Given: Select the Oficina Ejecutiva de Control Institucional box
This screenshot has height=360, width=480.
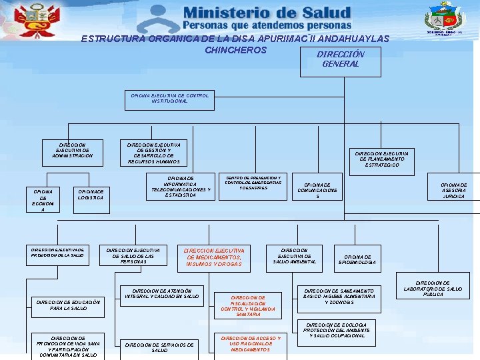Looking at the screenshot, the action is (170, 99).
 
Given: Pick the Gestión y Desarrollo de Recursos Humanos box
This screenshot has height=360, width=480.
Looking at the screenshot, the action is (153, 153).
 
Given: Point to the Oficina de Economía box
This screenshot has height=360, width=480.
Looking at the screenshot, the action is (43, 199).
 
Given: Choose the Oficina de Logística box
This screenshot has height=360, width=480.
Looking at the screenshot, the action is (91, 194).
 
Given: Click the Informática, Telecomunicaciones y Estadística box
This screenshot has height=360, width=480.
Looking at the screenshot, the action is (181, 187).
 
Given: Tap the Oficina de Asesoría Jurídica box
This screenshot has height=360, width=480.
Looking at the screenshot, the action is (454, 191).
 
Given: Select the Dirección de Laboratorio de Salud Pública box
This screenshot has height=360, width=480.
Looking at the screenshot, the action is (433, 289).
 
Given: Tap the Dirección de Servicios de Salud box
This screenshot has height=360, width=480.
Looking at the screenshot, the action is (159, 347).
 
